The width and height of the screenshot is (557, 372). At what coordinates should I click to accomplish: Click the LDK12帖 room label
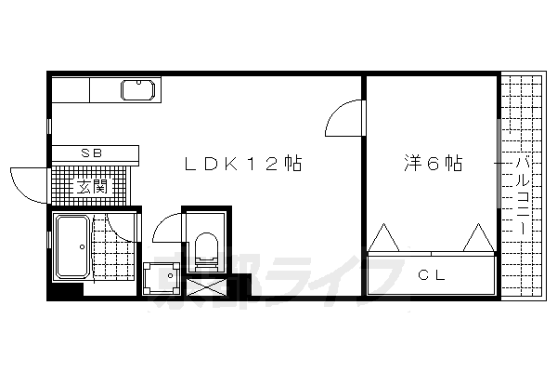(x=244, y=164)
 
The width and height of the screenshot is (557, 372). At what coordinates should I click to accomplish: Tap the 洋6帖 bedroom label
(x=433, y=164)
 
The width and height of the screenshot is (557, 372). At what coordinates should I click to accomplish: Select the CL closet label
(x=429, y=274)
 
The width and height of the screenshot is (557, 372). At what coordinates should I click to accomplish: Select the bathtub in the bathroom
(x=71, y=246)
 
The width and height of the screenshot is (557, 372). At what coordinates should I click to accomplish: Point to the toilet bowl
(x=206, y=247)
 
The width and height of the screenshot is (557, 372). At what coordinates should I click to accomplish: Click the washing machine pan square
(x=164, y=278)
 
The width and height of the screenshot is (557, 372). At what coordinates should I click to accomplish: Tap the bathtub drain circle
(x=83, y=247)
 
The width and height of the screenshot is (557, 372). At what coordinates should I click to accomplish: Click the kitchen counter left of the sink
(x=71, y=92)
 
